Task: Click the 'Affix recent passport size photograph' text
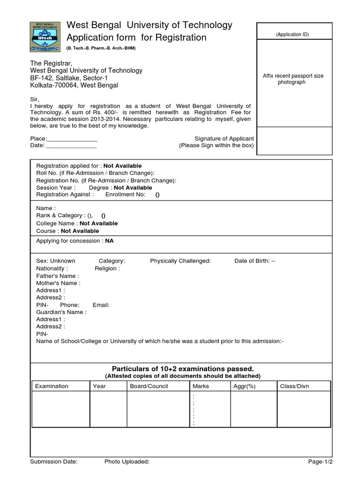293,79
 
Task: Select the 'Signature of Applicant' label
224,139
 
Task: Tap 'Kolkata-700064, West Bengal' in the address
74,85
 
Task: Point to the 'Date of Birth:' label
252,261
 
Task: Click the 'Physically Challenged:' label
180,261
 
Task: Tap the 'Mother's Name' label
58,283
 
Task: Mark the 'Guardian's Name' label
61,312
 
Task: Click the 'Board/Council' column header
149,386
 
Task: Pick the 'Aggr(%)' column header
244,386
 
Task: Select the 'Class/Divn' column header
294,386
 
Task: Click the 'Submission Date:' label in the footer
54,462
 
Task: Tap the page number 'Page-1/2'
320,462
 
